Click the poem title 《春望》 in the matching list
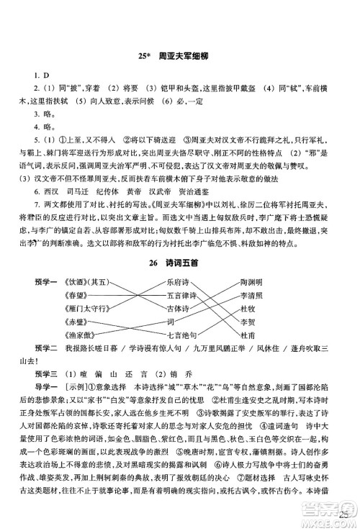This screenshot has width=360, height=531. (77, 296)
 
